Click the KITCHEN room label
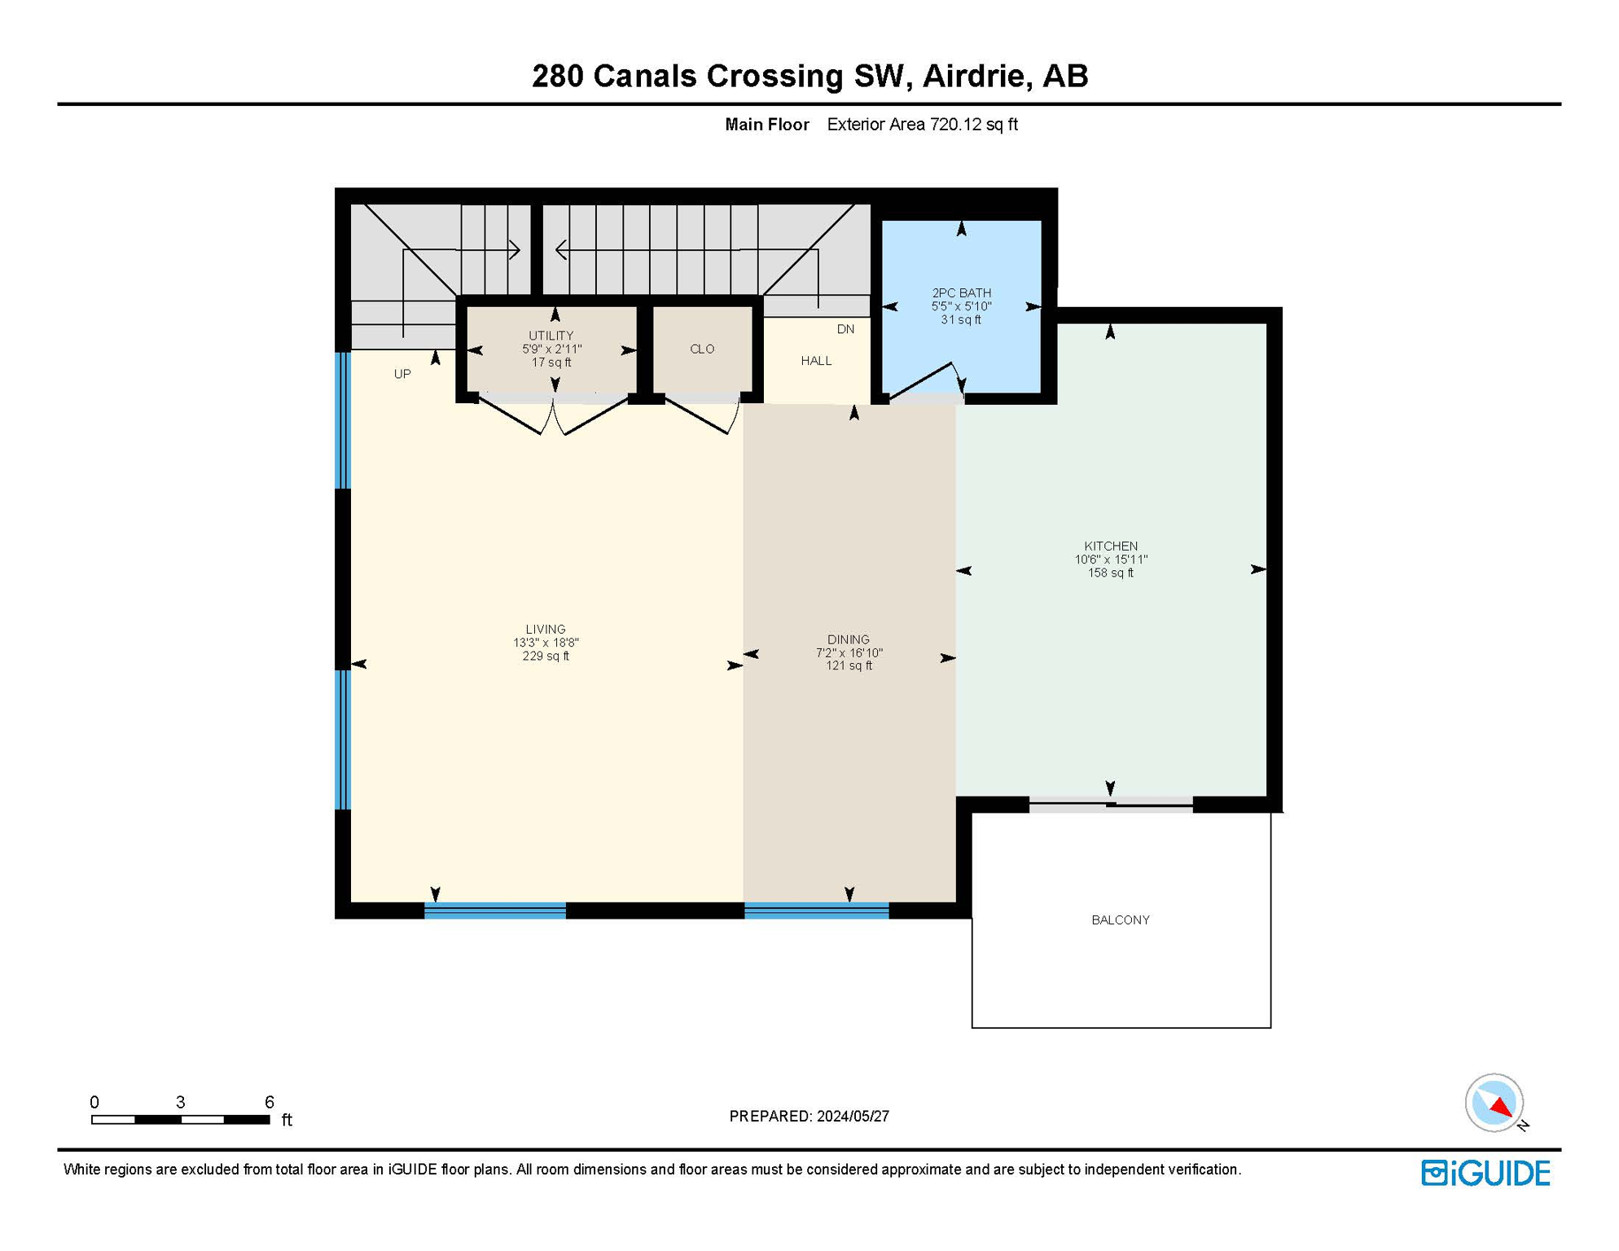pyautogui.click(x=1110, y=546)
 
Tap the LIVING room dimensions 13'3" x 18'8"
pyautogui.click(x=545, y=643)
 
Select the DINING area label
pyautogui.click(x=848, y=639)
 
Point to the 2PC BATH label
pyautogui.click(x=961, y=292)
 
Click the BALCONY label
pyautogui.click(x=1120, y=920)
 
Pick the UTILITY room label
pyautogui.click(x=551, y=336)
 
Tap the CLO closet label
pyautogui.click(x=701, y=349)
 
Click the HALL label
pyautogui.click(x=815, y=361)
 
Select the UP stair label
pyautogui.click(x=402, y=374)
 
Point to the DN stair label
pyautogui.click(x=845, y=329)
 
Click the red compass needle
pyautogui.click(x=1501, y=1106)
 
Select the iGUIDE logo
pyautogui.click(x=1485, y=1173)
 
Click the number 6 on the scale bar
pyautogui.click(x=269, y=1102)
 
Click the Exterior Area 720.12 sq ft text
pyautogui.click(x=921, y=125)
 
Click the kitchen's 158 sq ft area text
pyautogui.click(x=1110, y=573)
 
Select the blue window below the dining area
pyautogui.click(x=816, y=911)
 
